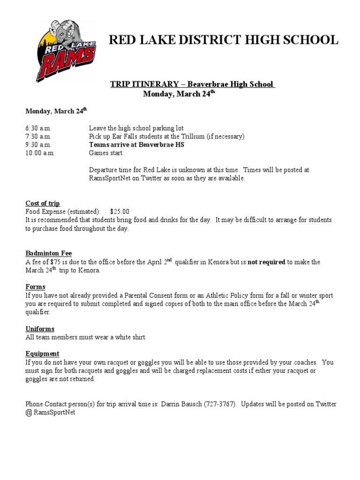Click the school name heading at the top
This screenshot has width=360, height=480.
click(x=223, y=40)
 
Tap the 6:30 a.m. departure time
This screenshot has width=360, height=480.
click(x=38, y=128)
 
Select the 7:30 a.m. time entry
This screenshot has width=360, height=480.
click(x=38, y=136)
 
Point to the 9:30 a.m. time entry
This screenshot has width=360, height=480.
click(x=38, y=145)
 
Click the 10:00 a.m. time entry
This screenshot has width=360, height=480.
click(x=40, y=153)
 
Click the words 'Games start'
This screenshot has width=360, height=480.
click(x=105, y=153)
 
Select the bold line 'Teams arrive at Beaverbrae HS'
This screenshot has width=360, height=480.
click(x=136, y=145)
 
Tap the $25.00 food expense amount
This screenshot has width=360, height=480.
click(x=120, y=211)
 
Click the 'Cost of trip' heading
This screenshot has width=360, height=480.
click(x=43, y=203)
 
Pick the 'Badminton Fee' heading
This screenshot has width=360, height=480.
click(x=49, y=253)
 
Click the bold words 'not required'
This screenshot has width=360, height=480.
click(x=266, y=262)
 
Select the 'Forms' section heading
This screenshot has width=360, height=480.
click(x=35, y=286)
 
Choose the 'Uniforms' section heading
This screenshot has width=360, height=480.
click(x=40, y=329)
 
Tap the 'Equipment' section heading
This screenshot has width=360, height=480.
click(x=42, y=353)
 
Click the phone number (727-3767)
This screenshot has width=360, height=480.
click(x=220, y=404)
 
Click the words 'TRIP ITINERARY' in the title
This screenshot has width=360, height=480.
click(x=144, y=84)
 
